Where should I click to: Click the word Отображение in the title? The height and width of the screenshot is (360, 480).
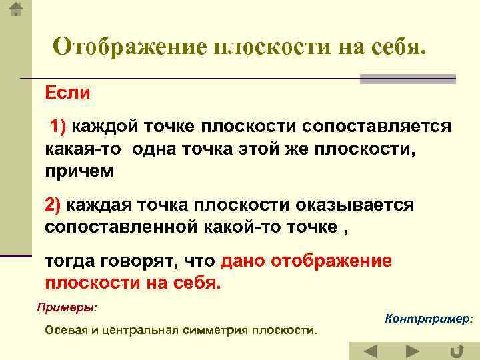(x=130, y=47)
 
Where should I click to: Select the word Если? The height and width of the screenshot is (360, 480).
(x=67, y=93)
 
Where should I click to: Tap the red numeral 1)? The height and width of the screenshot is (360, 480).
(x=59, y=126)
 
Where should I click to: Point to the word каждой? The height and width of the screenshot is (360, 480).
(x=103, y=126)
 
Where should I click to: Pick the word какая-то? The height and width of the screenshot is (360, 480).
(x=83, y=148)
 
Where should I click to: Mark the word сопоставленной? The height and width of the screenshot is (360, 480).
(x=119, y=227)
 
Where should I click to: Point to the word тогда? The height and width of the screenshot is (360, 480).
(x=71, y=261)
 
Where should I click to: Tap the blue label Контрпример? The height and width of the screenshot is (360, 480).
(x=429, y=319)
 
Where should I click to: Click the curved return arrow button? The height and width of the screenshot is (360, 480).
(x=457, y=351)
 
